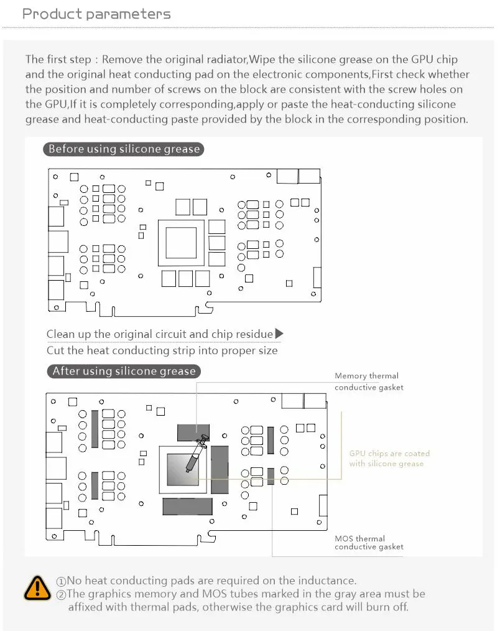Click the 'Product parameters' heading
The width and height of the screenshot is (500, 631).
point(96,14)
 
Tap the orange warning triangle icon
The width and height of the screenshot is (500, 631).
point(37,587)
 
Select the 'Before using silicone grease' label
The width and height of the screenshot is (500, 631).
point(124,149)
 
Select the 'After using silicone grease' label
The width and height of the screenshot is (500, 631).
point(124,372)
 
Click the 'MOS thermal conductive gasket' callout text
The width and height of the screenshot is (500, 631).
point(369,543)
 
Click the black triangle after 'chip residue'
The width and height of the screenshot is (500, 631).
point(279,334)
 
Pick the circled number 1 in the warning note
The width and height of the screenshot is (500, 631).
point(61,581)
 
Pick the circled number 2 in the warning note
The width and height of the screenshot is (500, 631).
point(61,594)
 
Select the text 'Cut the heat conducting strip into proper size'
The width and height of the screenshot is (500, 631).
point(162,350)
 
